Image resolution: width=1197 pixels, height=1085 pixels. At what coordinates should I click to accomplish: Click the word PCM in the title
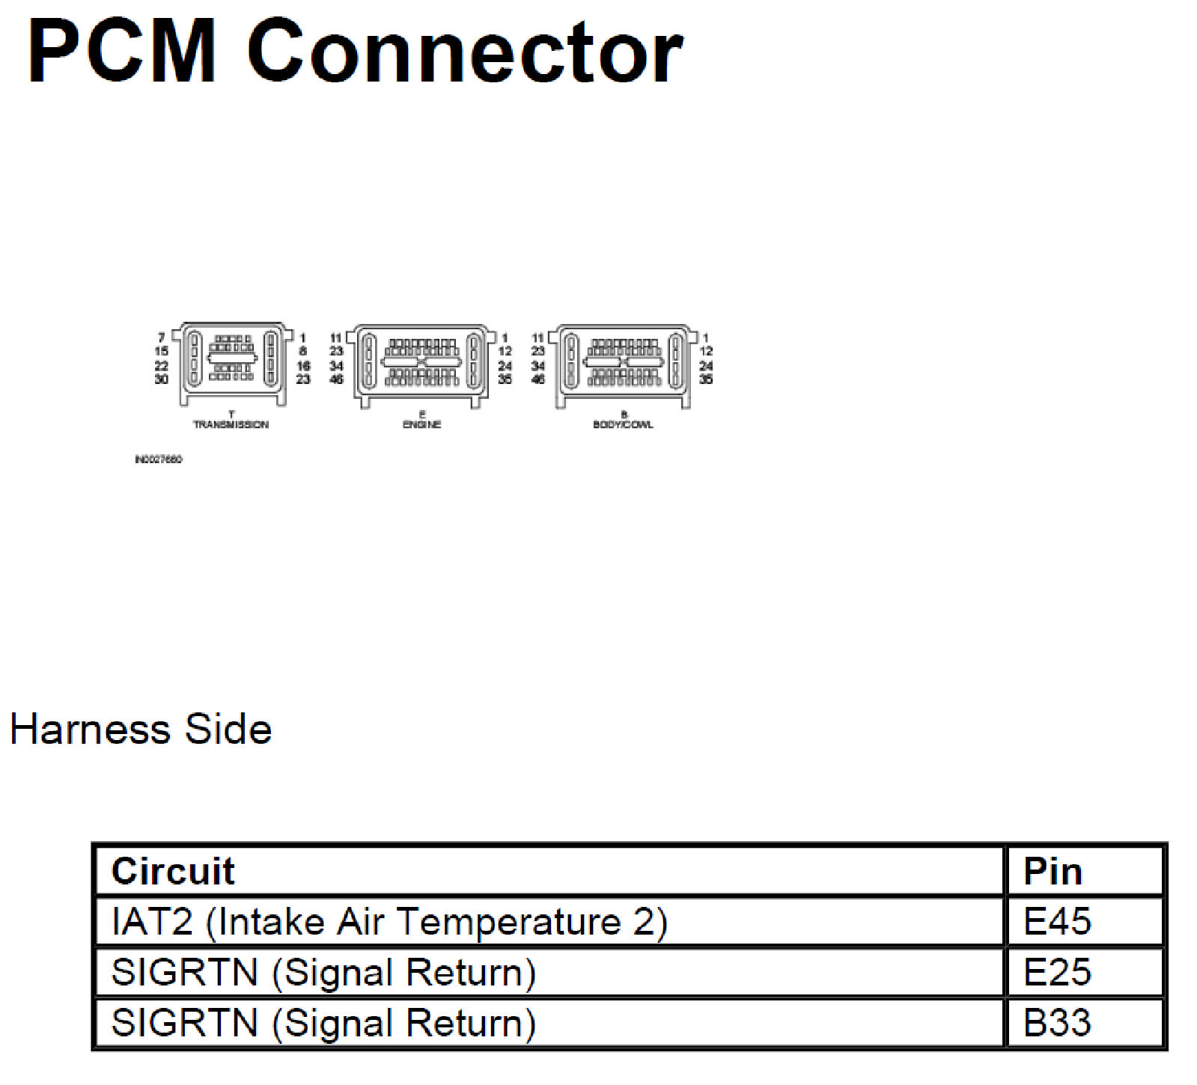122,52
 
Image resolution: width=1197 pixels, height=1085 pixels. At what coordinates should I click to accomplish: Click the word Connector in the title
464,52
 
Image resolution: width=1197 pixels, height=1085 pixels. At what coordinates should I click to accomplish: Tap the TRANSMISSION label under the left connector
231,424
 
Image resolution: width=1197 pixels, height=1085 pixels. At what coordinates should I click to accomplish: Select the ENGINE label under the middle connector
422,424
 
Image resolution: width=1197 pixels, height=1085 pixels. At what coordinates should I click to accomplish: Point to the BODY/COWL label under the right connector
623,424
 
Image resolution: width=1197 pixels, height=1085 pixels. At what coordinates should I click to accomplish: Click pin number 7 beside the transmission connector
162,338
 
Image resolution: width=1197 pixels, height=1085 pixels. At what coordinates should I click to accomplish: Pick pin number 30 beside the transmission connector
161,379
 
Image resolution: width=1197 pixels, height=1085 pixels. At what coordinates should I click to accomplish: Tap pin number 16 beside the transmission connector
303,366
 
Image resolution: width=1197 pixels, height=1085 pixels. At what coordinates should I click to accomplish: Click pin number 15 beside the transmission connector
161,351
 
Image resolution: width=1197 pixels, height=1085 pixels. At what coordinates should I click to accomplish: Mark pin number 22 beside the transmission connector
161,366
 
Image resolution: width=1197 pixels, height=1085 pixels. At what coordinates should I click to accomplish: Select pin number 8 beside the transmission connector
303,351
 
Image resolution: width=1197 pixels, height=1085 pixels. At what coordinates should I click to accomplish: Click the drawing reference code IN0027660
158,459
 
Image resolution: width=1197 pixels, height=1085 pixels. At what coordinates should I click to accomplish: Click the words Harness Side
141,729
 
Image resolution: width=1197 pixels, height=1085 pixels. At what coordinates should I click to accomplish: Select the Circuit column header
173,871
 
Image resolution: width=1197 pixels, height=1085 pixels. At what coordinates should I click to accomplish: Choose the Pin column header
1053,871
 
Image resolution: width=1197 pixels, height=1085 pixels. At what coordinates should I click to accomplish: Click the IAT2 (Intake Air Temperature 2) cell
389,921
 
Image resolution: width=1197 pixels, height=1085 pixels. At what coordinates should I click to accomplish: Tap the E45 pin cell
1057,921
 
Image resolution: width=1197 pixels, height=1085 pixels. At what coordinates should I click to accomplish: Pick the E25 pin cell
1057,972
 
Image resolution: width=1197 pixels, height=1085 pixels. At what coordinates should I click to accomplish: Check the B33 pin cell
1057,1023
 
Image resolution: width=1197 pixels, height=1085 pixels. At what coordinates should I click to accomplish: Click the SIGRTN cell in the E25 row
323,972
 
